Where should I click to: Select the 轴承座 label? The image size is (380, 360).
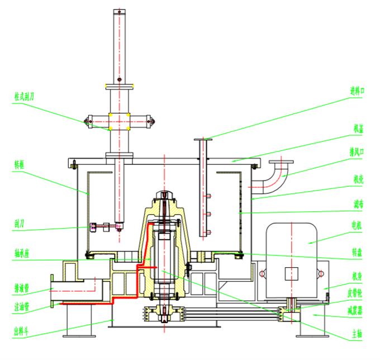click(x=22, y=253)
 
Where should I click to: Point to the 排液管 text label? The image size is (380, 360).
click(x=22, y=290)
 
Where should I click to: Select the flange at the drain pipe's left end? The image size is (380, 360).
click(x=52, y=290)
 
